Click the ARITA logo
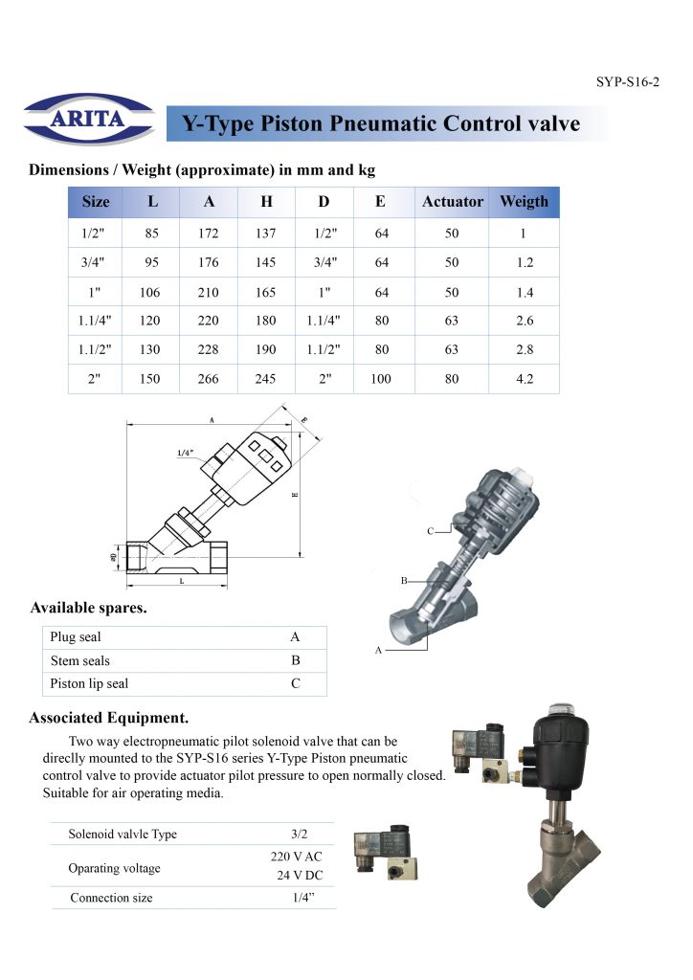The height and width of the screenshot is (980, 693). pyautogui.click(x=87, y=120)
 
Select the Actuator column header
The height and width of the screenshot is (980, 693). pyautogui.click(x=452, y=202)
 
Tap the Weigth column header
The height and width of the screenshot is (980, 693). pyautogui.click(x=524, y=202)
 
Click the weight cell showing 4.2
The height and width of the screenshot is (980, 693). pyautogui.click(x=524, y=379)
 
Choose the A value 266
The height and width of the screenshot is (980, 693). pyautogui.click(x=209, y=379)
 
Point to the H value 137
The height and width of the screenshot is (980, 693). pyautogui.click(x=267, y=233)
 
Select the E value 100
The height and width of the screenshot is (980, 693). pyautogui.click(x=380, y=379)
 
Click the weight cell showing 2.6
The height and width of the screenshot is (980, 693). pyautogui.click(x=524, y=322)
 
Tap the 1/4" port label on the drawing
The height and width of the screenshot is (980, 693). pyautogui.click(x=187, y=453)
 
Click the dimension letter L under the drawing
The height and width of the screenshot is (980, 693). pyautogui.click(x=181, y=582)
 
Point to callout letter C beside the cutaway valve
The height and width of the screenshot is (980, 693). pyautogui.click(x=431, y=530)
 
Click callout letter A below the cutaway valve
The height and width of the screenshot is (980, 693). pyautogui.click(x=379, y=650)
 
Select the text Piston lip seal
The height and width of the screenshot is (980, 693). pyautogui.click(x=89, y=684)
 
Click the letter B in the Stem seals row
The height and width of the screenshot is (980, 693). pyautogui.click(x=295, y=660)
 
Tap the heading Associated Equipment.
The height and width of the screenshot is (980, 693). pyautogui.click(x=108, y=717)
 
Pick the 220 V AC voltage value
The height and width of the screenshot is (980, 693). pyautogui.click(x=300, y=857)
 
